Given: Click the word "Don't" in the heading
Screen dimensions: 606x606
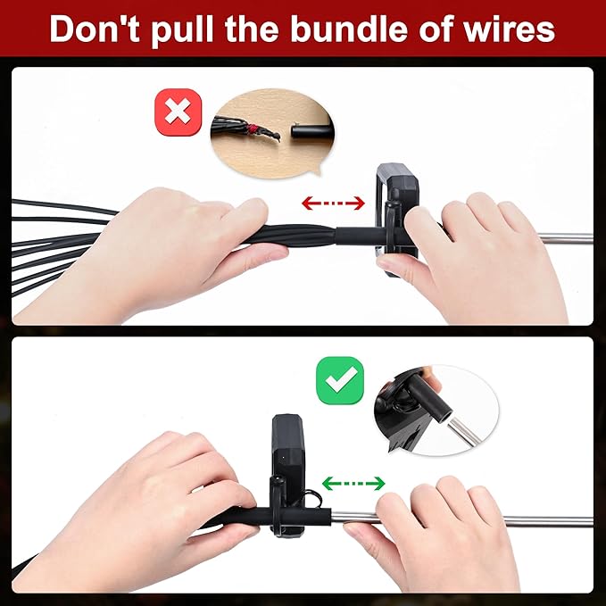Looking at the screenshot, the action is click(95, 29).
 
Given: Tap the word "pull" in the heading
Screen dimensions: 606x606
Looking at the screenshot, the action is click(182, 31).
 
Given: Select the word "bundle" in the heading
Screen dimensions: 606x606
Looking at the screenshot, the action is click(349, 29).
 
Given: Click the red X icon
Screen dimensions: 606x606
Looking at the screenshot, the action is click(178, 112).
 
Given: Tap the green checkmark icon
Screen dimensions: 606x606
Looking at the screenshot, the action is click(340, 380).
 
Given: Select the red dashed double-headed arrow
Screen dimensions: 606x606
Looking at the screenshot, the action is click(333, 203).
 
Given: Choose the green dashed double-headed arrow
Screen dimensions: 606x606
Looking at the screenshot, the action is click(353, 483).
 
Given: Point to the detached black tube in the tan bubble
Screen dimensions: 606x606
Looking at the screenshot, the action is click(311, 130).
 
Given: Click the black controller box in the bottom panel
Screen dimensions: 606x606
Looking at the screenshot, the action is click(288, 473).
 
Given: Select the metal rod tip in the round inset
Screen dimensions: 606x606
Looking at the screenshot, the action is click(464, 430).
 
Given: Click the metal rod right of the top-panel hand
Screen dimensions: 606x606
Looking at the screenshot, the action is click(566, 238).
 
